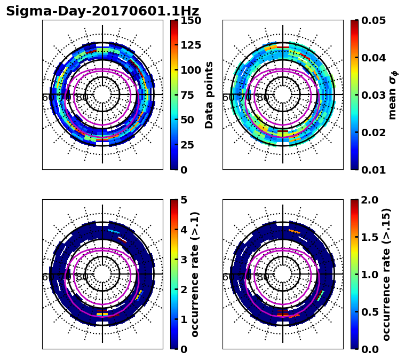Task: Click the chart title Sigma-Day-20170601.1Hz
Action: (x=102, y=11)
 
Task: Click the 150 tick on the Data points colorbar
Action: (x=190, y=20)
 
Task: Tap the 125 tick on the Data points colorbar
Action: (x=190, y=45)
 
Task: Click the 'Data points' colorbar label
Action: (x=209, y=95)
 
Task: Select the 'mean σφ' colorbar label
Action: (x=393, y=95)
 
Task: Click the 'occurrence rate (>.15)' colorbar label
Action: (x=386, y=274)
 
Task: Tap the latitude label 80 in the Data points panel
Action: (x=82, y=98)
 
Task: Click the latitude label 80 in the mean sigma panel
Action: (x=263, y=98)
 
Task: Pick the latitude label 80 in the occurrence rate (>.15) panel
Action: (x=263, y=277)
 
